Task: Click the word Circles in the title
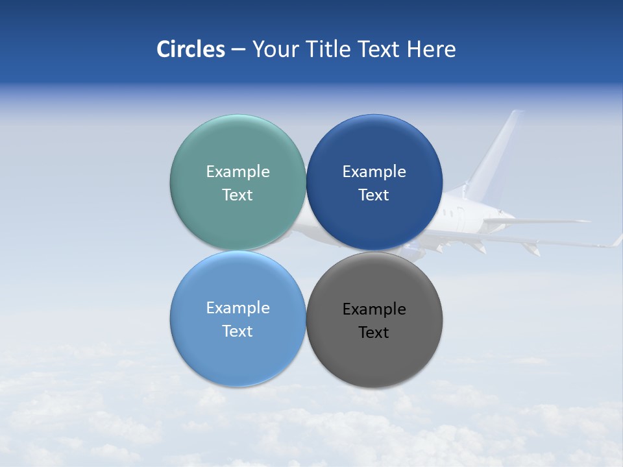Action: point(191,49)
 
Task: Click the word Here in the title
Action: point(432,49)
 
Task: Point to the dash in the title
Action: point(238,50)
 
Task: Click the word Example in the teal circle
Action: point(238,172)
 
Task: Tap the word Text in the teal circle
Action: point(238,195)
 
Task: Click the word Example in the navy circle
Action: point(374,172)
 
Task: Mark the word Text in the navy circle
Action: point(374,195)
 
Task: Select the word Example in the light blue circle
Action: point(238,308)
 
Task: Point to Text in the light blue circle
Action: point(238,331)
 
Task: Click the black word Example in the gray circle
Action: point(374,309)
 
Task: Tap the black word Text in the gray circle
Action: point(374,333)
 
